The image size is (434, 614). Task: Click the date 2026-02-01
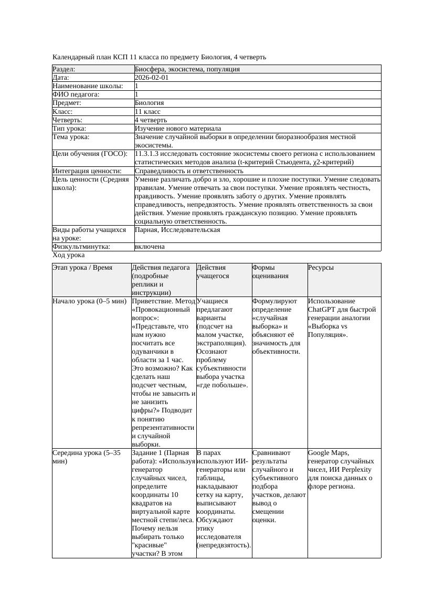(x=152, y=78)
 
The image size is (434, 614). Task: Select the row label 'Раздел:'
(x=64, y=69)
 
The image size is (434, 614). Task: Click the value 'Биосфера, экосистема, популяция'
(x=187, y=69)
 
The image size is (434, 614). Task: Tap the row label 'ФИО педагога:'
(x=76, y=94)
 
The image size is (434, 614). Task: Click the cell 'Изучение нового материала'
(x=178, y=129)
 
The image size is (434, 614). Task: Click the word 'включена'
(x=150, y=247)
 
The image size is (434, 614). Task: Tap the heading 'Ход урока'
(x=69, y=255)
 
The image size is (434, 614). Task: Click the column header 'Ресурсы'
(x=321, y=268)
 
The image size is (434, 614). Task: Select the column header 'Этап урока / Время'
(x=82, y=268)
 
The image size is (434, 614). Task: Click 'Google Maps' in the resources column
(x=328, y=453)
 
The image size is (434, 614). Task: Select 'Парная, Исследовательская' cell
(x=177, y=230)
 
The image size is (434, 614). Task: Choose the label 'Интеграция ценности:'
(x=87, y=171)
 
